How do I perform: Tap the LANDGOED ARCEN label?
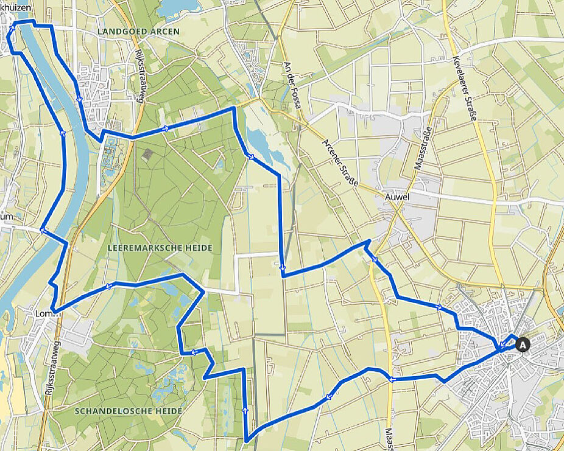138,31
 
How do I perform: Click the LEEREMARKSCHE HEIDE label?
160,248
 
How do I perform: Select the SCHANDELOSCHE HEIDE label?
129,411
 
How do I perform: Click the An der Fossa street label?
293,86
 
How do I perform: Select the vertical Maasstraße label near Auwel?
421,149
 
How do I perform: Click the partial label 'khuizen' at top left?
16,7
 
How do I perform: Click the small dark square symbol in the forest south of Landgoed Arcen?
148,155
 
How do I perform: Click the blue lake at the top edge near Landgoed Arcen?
178,6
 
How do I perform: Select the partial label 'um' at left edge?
6,216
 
